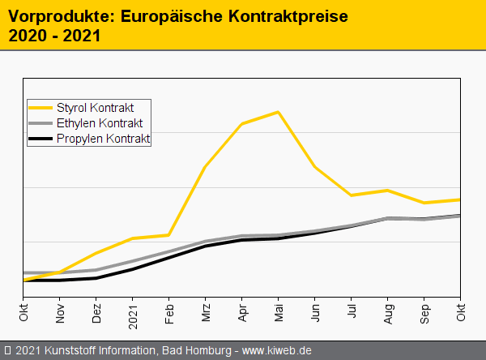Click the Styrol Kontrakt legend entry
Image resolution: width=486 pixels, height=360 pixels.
click(x=95, y=107)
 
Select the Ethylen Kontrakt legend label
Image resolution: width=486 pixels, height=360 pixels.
click(x=100, y=123)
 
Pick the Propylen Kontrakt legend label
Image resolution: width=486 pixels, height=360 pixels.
click(x=103, y=139)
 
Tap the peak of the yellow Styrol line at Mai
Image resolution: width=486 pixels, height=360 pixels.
click(x=278, y=112)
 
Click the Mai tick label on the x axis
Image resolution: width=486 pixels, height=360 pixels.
click(x=278, y=312)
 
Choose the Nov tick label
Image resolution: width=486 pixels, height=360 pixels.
click(x=60, y=312)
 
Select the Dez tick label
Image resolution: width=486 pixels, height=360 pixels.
click(x=96, y=312)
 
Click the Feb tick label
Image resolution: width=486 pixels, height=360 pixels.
click(x=169, y=312)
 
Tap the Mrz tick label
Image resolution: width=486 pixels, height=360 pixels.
click(x=206, y=312)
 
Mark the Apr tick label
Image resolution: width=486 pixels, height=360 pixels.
click(x=242, y=312)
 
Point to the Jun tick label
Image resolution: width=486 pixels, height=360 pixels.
click(x=315, y=312)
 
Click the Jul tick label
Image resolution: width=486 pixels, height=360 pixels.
click(x=352, y=311)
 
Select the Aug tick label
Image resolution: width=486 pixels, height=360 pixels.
click(x=388, y=312)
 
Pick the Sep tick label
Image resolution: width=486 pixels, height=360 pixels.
click(x=424, y=312)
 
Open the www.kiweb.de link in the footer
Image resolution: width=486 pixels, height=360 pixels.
click(x=277, y=350)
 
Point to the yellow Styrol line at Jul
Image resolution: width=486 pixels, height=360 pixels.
click(x=352, y=195)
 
